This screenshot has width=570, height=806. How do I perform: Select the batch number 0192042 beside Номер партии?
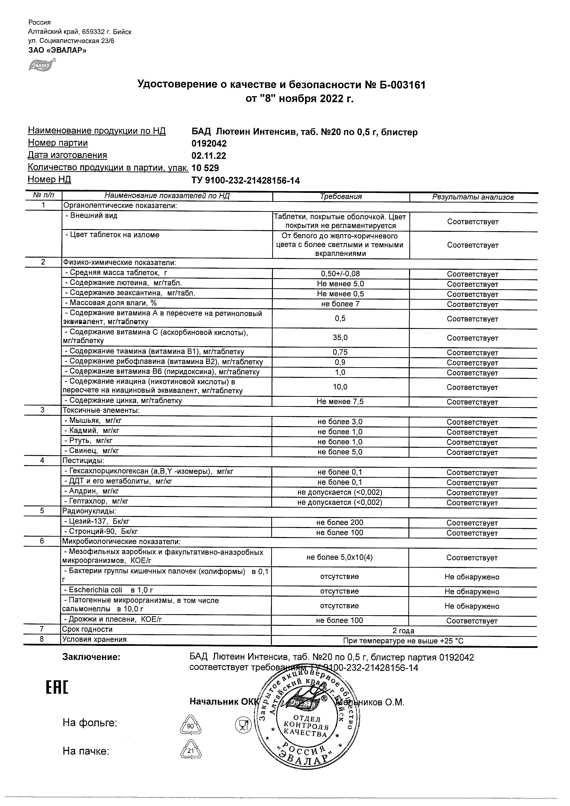tap(209, 144)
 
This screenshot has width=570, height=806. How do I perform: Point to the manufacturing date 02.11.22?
tap(208, 156)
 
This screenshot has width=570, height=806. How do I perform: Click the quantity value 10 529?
tap(205, 168)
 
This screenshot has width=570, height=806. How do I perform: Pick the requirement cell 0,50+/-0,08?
tap(340, 274)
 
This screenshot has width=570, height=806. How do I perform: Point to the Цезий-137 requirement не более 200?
tap(339, 523)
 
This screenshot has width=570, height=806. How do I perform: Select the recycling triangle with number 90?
tap(190, 726)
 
